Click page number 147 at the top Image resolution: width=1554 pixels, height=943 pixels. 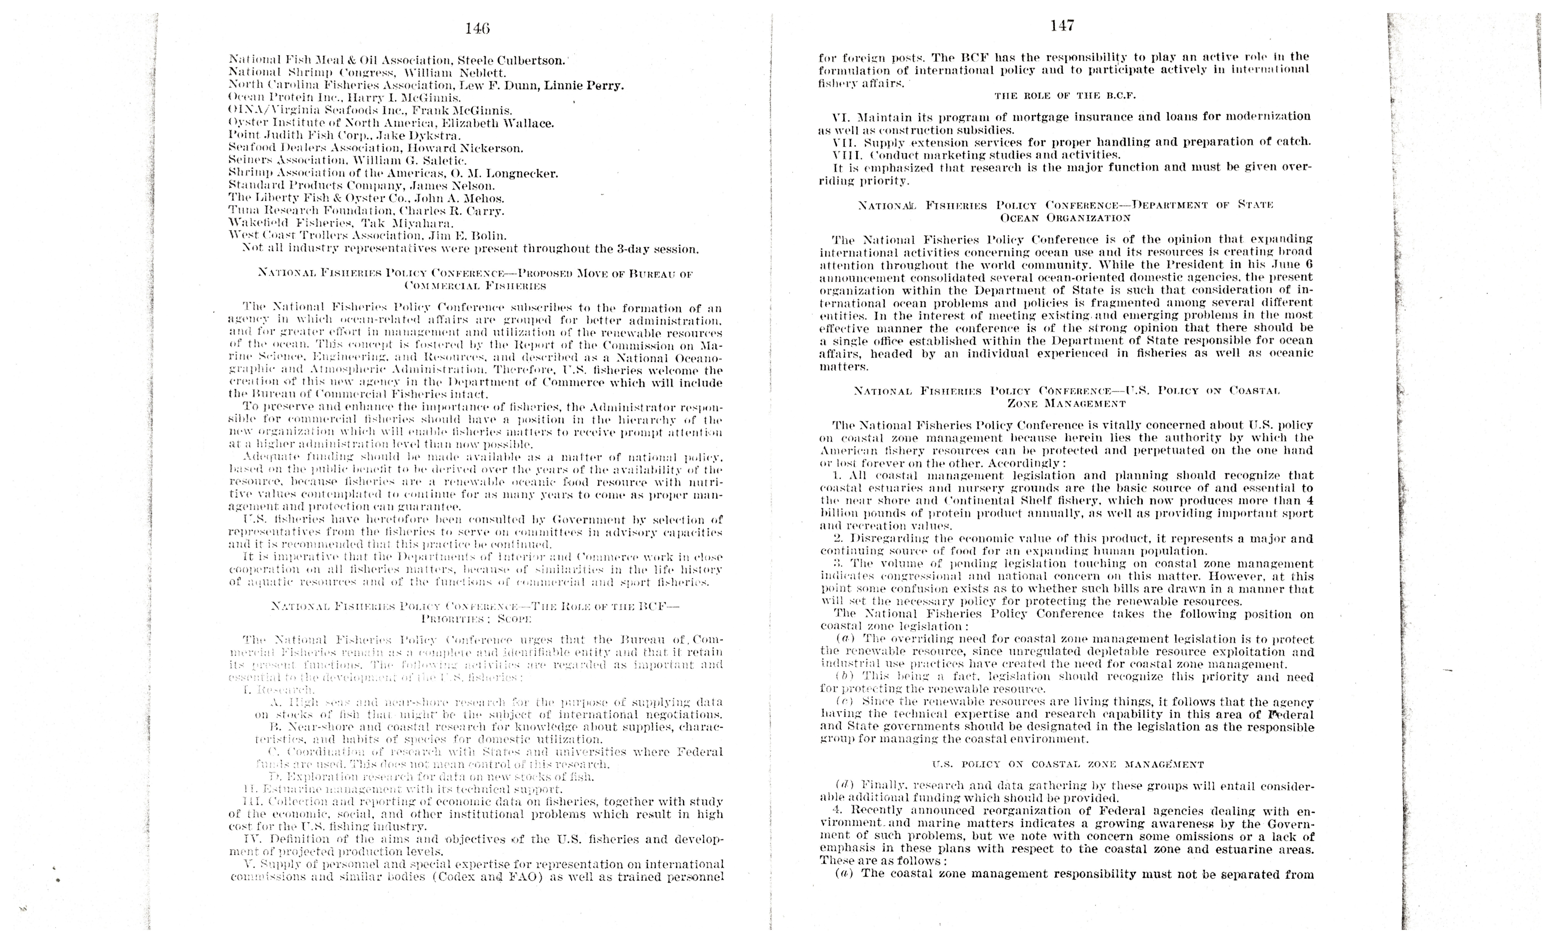1062,26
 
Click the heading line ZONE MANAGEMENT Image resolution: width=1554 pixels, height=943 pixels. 1066,403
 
